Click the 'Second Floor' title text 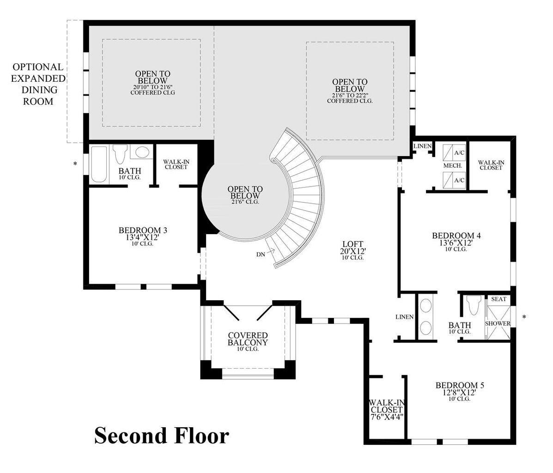pos(161,436)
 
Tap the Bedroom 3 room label pos(143,234)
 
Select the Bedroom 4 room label pos(456,239)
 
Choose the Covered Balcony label pos(248,339)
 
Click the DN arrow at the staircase pos(267,252)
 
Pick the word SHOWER pos(498,323)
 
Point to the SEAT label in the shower pos(498,299)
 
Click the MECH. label pos(452,165)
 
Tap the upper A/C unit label pos(459,152)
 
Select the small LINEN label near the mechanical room pos(422,146)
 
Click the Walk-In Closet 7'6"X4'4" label pos(386,408)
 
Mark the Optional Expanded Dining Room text pos(38,84)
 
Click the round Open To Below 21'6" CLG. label pos(245,195)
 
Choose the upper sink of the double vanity pos(426,306)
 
